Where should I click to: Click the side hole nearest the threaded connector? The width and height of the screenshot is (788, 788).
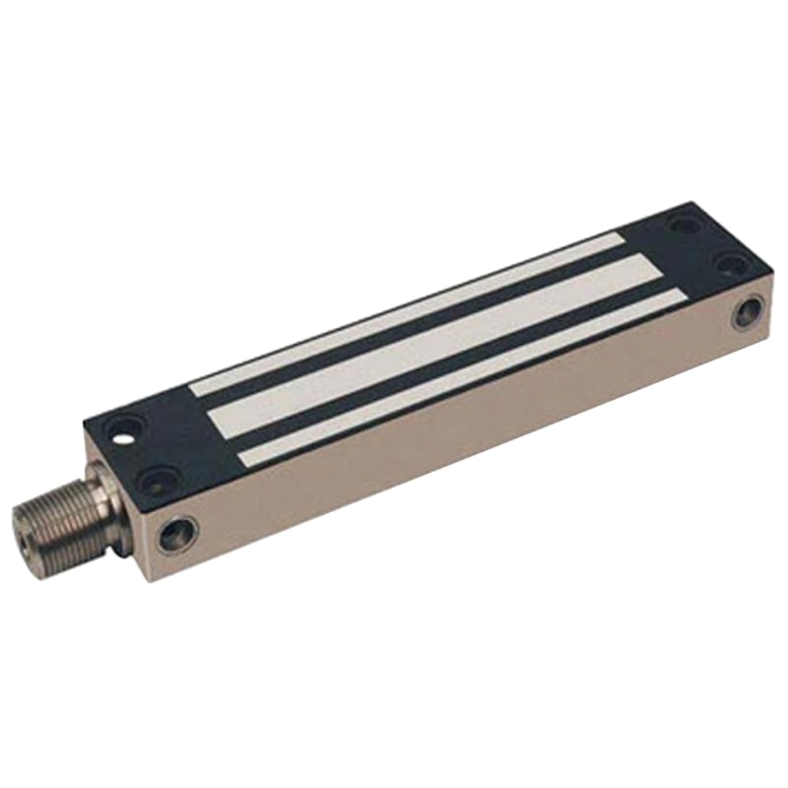tap(179, 533)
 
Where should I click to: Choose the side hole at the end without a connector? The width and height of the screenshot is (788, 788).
tap(748, 312)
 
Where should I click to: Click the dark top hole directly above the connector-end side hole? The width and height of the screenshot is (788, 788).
tap(158, 481)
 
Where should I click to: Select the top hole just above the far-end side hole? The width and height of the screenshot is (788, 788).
tap(730, 263)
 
